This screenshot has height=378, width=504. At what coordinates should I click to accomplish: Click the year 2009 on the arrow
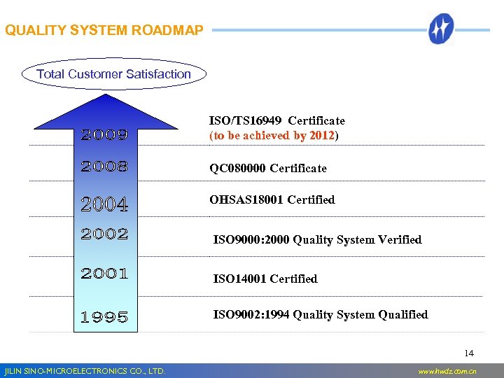pyautogui.click(x=104, y=134)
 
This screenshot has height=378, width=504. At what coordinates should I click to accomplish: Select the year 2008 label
pyautogui.click(x=104, y=167)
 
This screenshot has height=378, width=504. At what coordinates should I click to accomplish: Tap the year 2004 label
pyautogui.click(x=104, y=205)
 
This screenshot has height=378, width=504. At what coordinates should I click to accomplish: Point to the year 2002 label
pyautogui.click(x=104, y=234)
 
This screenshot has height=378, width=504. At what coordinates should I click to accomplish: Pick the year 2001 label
pyautogui.click(x=104, y=273)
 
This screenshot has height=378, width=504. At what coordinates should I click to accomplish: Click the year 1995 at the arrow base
pyautogui.click(x=104, y=317)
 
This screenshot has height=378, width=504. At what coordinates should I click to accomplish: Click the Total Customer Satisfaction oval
pyautogui.click(x=113, y=73)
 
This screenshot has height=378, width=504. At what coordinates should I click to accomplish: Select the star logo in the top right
pyautogui.click(x=442, y=29)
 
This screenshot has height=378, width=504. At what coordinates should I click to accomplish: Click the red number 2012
pyautogui.click(x=322, y=135)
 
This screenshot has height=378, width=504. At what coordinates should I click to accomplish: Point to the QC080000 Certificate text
pyautogui.click(x=268, y=168)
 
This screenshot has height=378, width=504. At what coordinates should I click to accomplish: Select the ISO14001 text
pyautogui.click(x=240, y=279)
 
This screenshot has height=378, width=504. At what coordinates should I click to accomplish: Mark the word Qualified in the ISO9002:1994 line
pyautogui.click(x=402, y=314)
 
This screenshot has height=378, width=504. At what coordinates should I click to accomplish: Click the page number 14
pyautogui.click(x=469, y=353)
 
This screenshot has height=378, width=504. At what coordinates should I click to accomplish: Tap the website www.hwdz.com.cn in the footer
pyautogui.click(x=447, y=371)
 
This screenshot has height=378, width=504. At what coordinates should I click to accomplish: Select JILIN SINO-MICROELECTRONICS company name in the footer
pyautogui.click(x=84, y=371)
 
